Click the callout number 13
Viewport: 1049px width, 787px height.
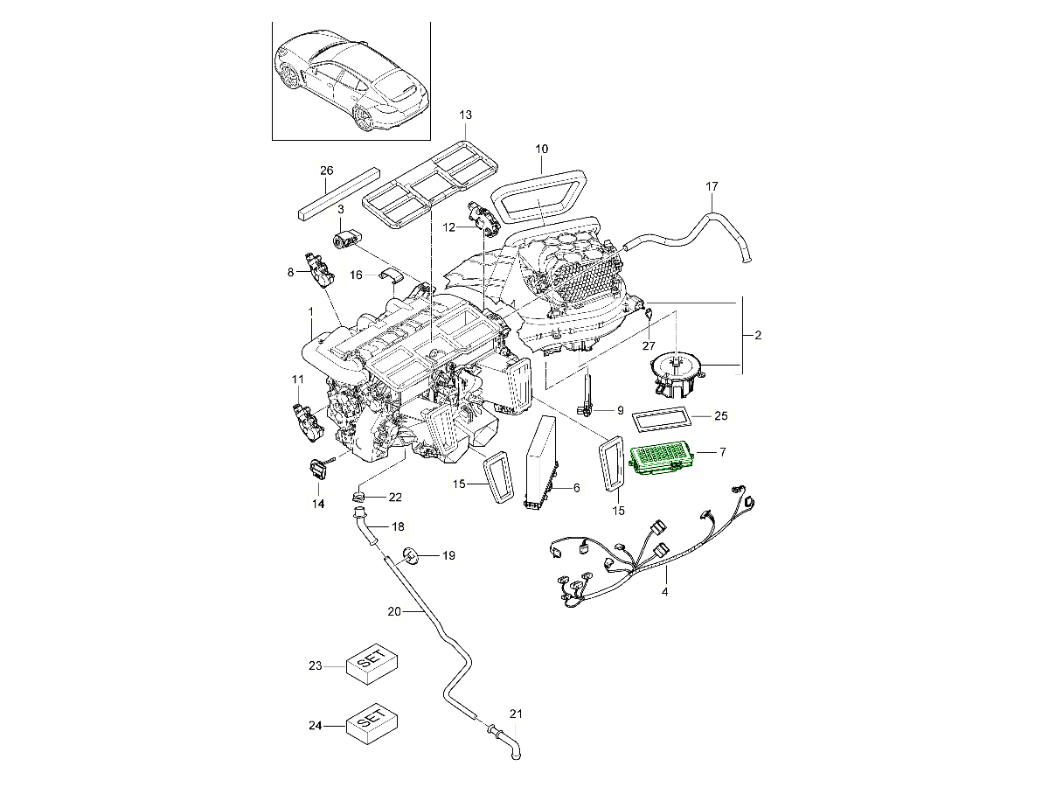pyautogui.click(x=465, y=115)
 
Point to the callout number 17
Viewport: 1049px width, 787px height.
pyautogui.click(x=712, y=186)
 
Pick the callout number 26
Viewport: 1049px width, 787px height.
pyautogui.click(x=327, y=170)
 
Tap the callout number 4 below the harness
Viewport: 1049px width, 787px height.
pyautogui.click(x=664, y=593)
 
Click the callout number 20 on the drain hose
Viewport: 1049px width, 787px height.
pyautogui.click(x=393, y=612)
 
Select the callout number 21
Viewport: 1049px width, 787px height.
pyautogui.click(x=516, y=714)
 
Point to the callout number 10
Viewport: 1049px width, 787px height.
pyautogui.click(x=541, y=149)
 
